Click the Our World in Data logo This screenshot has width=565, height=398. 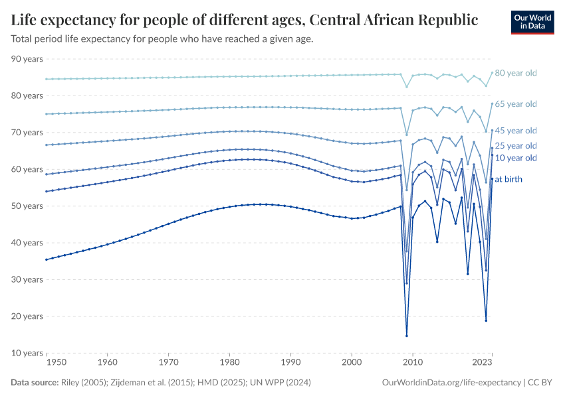tap(532, 22)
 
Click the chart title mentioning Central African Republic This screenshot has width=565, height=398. tap(245, 20)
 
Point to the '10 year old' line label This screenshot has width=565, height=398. tap(516, 158)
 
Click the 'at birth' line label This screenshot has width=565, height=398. tap(508, 179)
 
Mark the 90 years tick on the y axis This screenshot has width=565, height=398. tap(27, 59)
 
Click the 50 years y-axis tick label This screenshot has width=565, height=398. tap(27, 206)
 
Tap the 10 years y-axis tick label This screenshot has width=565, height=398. tap(27, 353)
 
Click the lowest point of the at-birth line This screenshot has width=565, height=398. tap(407, 336)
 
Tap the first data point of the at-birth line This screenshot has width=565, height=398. tap(46, 259)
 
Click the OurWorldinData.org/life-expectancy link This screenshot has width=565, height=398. tap(452, 383)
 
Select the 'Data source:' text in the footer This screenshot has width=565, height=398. tap(33, 383)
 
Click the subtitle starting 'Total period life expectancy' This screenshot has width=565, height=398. tap(162, 38)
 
